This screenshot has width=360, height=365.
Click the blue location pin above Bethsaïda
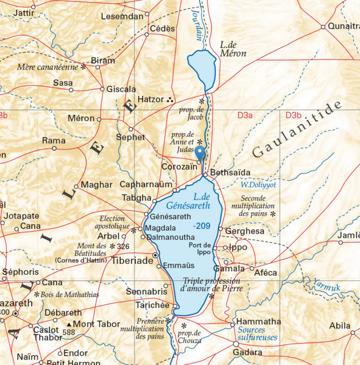200,153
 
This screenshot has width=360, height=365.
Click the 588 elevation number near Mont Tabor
69,333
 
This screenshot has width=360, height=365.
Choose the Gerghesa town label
244,231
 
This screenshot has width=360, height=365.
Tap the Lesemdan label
124,16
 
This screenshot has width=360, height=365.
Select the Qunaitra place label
344,26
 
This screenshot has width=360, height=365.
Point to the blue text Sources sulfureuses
258,333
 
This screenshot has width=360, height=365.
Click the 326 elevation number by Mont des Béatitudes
124,246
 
